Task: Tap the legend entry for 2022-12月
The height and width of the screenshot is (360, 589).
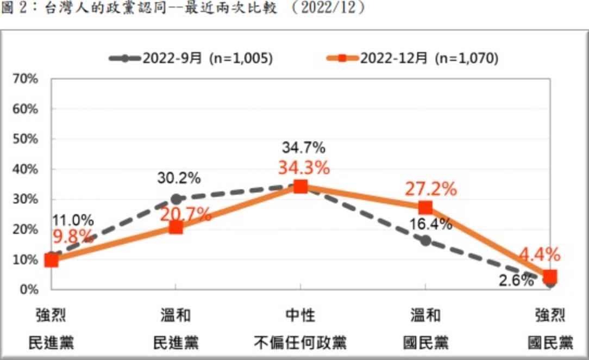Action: (413, 59)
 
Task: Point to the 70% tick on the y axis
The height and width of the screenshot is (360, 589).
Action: (26, 79)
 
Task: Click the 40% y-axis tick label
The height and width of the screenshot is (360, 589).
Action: (26, 169)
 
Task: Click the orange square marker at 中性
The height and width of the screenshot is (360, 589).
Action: (300, 187)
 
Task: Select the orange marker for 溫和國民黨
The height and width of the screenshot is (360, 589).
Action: (425, 208)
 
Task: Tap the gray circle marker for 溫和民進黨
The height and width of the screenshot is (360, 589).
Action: (176, 199)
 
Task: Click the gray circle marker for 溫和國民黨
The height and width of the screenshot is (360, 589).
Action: (425, 240)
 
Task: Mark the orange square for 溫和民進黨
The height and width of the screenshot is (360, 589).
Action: (176, 227)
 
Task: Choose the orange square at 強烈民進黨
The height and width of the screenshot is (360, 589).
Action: (52, 260)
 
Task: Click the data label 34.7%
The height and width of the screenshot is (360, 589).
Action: (303, 147)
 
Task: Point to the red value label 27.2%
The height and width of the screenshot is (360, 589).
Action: (431, 189)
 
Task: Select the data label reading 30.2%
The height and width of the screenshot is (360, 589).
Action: (179, 178)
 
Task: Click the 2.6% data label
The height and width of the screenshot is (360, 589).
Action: (516, 281)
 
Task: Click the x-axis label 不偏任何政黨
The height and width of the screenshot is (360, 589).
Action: (300, 343)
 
